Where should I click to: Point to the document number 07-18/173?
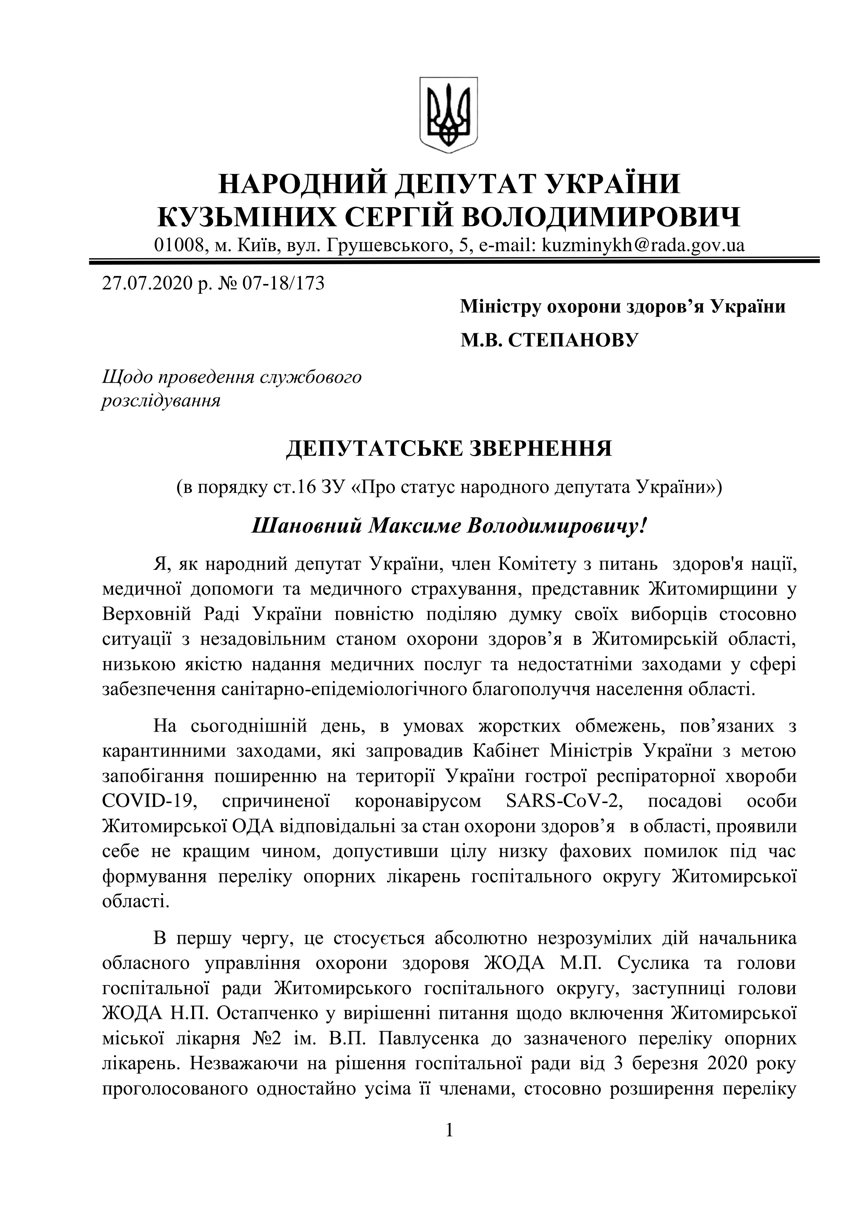tap(283, 284)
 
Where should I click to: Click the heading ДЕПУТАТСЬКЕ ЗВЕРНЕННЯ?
tap(448, 448)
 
